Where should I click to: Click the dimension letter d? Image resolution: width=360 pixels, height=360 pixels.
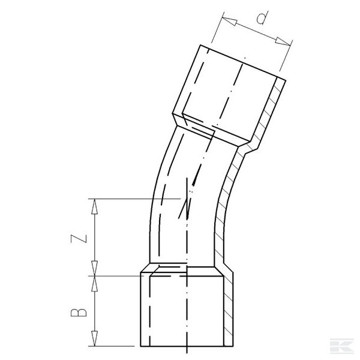pyautogui.click(x=262, y=19)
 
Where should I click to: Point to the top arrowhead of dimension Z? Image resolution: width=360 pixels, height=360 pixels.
pyautogui.click(x=95, y=204)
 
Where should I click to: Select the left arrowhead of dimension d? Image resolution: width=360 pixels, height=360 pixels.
pyautogui.click(x=224, y=20)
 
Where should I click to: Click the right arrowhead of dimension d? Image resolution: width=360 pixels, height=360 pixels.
pyautogui.click(x=287, y=43)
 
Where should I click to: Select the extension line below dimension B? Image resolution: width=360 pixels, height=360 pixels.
pyautogui.click(x=114, y=346)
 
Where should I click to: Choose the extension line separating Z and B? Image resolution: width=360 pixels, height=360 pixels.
pyautogui.click(x=114, y=275)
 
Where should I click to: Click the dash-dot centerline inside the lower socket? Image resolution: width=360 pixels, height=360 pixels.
pyautogui.click(x=188, y=312)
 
